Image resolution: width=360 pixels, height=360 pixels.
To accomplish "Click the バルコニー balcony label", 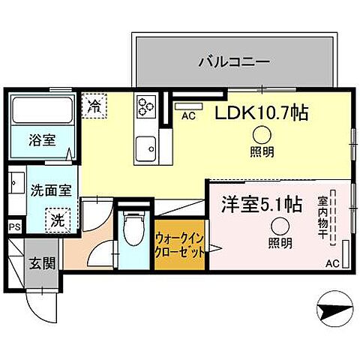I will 234,61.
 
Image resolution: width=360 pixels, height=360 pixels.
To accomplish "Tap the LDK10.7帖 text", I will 262,115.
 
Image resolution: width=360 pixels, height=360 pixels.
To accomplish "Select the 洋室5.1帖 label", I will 260,203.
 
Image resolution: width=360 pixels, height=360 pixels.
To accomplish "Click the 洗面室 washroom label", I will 51,190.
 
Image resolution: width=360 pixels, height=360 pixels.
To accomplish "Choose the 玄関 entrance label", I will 42,262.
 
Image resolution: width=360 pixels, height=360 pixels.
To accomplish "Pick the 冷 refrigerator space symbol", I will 93,106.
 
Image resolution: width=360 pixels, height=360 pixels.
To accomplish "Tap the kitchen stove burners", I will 143,106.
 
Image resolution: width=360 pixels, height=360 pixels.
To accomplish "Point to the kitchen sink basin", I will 143,145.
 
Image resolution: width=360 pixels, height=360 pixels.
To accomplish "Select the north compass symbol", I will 332,307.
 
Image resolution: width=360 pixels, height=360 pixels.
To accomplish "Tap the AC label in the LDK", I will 188,116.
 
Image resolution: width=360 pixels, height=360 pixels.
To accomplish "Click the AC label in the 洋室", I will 332,263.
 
